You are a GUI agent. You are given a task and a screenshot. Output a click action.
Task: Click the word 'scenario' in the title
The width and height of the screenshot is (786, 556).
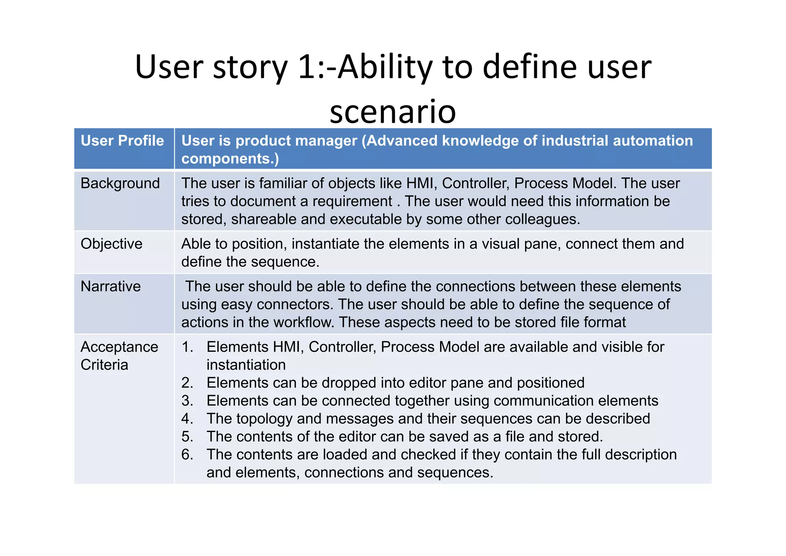[x=393, y=111]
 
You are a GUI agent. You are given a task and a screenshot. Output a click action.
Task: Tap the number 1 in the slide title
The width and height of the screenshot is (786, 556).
[x=306, y=67]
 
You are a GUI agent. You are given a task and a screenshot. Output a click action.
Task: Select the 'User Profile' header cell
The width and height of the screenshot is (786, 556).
[x=122, y=141]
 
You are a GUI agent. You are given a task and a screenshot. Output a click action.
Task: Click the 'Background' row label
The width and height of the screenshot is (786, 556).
[x=120, y=184]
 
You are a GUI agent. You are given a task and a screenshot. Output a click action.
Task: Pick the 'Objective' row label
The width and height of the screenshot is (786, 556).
[x=111, y=244]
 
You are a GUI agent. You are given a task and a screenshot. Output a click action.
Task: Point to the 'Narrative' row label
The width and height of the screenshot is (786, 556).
[x=111, y=286]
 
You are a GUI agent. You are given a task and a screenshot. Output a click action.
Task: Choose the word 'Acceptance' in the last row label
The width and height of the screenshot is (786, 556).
[x=119, y=347]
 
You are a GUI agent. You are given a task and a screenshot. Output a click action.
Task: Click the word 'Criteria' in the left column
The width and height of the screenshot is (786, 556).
[x=104, y=365]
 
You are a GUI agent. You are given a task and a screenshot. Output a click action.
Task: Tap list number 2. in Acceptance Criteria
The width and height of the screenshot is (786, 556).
[x=187, y=383]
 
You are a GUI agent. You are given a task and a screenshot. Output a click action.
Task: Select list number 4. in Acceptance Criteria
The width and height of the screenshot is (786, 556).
[x=187, y=419]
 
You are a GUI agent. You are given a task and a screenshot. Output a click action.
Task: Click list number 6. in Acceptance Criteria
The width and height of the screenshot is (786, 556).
[x=187, y=455]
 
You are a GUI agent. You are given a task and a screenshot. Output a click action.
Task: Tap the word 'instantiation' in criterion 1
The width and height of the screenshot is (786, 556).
[x=246, y=365]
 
